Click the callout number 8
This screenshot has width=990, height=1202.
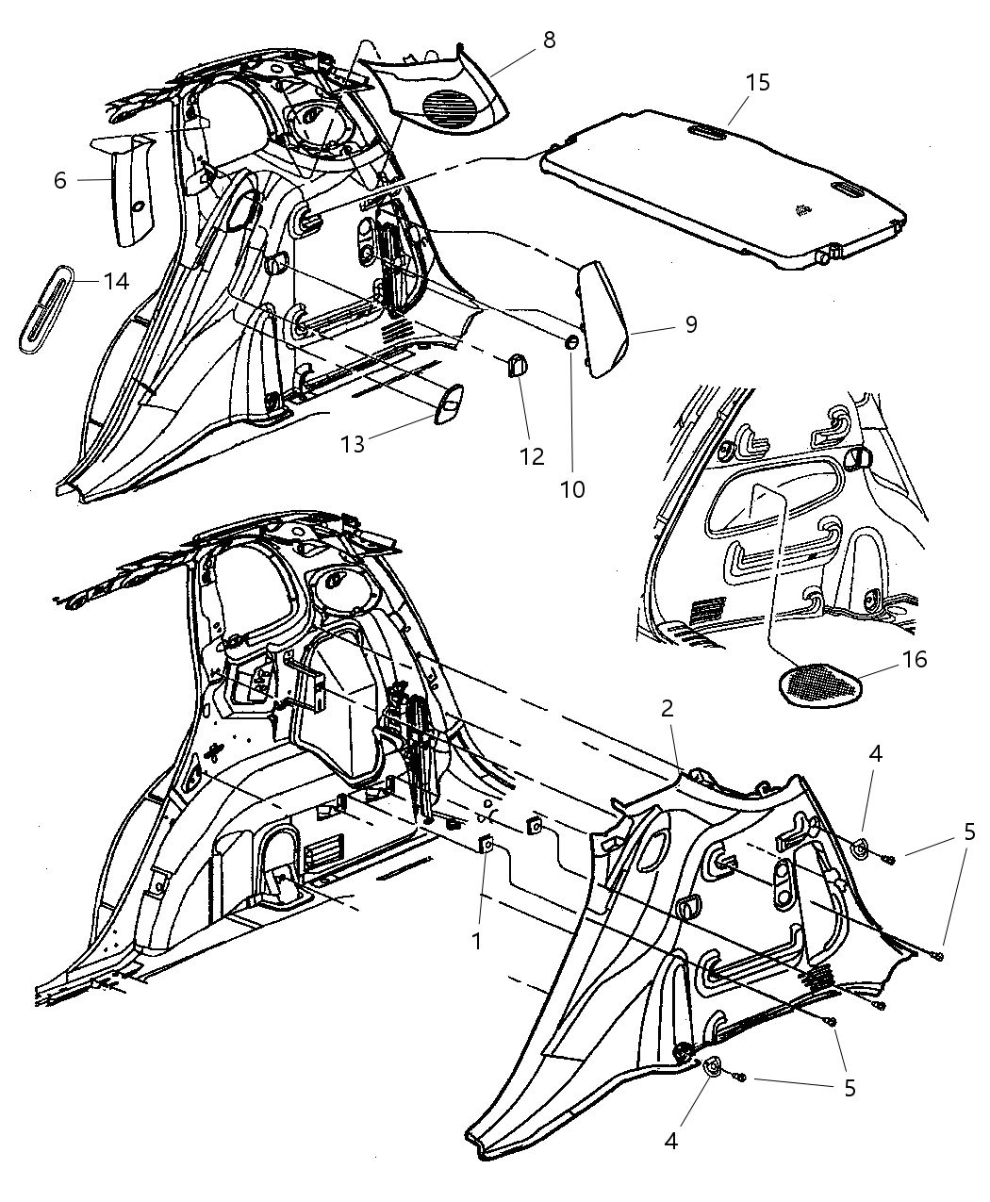tap(549, 40)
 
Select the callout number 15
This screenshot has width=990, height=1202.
tap(757, 83)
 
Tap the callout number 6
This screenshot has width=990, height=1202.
tap(60, 180)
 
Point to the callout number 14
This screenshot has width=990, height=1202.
tap(116, 281)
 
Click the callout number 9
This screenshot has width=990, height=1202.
tap(691, 324)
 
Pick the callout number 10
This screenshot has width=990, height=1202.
tap(572, 489)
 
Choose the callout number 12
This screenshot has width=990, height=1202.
tap(532, 456)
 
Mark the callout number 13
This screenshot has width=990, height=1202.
tap(353, 444)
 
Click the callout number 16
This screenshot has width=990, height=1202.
tap(914, 659)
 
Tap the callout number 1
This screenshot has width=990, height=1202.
tap(477, 940)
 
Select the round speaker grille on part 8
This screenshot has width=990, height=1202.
tap(453, 105)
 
